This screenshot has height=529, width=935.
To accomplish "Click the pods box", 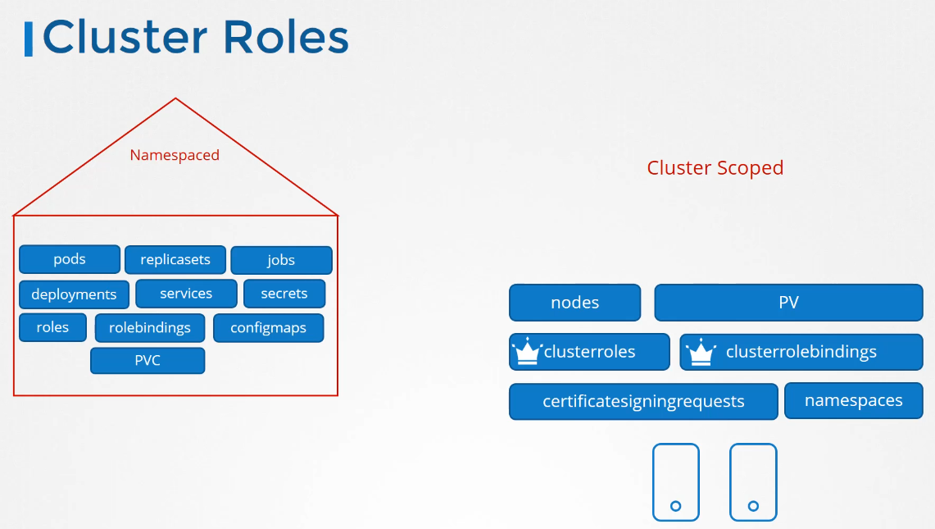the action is (70, 259).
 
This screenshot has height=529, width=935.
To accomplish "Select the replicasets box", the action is (175, 260).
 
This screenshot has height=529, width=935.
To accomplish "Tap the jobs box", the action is (281, 260).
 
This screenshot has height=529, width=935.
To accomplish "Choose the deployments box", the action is (74, 294).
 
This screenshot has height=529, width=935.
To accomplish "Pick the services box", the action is (186, 294).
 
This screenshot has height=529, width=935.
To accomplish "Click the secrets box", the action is (284, 294).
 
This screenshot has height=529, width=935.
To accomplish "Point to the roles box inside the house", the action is (52, 327).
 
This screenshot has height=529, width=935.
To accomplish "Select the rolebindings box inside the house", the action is (150, 328).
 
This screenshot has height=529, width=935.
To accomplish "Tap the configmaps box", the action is (268, 328).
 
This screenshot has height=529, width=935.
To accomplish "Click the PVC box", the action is (148, 361).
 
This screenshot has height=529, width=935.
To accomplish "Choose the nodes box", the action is (574, 303).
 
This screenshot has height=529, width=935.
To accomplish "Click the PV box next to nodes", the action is (788, 303).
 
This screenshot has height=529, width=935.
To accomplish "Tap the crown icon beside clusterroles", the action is (527, 351).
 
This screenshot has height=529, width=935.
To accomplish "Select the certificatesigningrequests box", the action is (643, 401).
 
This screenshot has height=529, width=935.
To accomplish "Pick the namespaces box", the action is (853, 400).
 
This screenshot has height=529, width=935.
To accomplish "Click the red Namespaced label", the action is (175, 155).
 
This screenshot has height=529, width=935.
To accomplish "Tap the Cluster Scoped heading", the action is (715, 168).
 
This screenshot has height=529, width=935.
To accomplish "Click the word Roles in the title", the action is (286, 37).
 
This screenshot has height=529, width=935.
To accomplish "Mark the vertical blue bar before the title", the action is (28, 39).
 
